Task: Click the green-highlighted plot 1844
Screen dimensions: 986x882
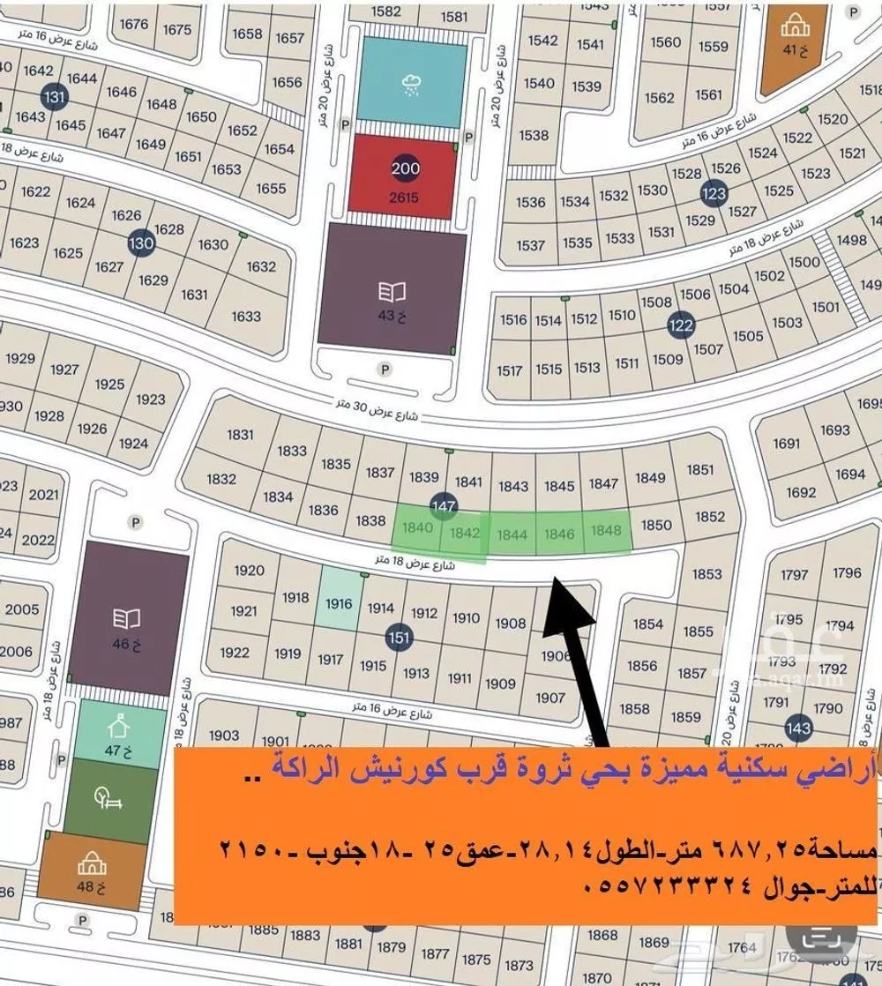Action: (512, 534)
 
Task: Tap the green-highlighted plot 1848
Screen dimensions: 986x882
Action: (607, 530)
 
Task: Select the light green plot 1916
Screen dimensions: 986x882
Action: (339, 603)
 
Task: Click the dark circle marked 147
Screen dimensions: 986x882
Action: (444, 505)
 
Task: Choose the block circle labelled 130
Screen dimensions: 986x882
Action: (140, 243)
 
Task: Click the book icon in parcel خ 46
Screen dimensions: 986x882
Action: (120, 617)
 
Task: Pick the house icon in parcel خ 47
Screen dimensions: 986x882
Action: (115, 728)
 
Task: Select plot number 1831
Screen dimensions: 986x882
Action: (240, 434)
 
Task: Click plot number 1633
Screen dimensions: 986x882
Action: (246, 316)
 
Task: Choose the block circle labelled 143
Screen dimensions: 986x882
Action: (798, 728)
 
